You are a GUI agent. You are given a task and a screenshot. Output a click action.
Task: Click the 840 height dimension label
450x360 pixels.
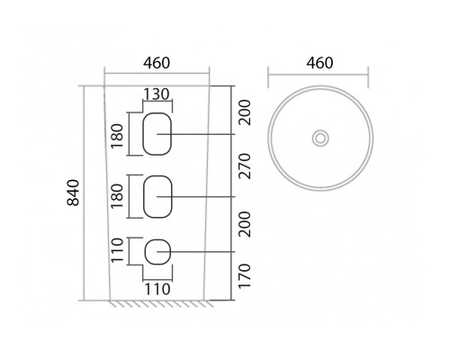(x=73, y=193)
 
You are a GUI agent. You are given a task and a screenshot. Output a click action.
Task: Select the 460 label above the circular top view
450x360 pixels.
(x=319, y=63)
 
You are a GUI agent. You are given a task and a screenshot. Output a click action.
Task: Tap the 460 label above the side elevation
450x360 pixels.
(x=157, y=63)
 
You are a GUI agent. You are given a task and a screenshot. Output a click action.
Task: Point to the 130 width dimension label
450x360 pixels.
(x=157, y=94)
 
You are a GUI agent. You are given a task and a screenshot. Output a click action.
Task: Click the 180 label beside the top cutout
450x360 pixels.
(x=117, y=136)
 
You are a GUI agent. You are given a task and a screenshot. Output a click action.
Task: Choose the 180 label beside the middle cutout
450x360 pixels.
(x=117, y=196)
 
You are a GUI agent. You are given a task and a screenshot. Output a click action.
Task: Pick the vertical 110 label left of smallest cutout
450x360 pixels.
(x=117, y=250)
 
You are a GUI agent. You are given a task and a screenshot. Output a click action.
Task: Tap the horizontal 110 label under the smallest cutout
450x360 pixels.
(x=157, y=290)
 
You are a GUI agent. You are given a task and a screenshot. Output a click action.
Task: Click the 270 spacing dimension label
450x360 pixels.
(x=244, y=166)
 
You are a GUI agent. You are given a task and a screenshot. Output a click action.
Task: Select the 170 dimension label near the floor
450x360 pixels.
(x=244, y=276)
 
